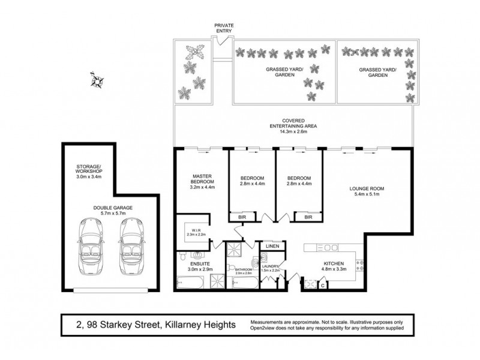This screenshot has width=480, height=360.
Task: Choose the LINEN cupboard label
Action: click(272, 247)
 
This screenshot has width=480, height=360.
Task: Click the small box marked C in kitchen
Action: click(323, 286)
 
